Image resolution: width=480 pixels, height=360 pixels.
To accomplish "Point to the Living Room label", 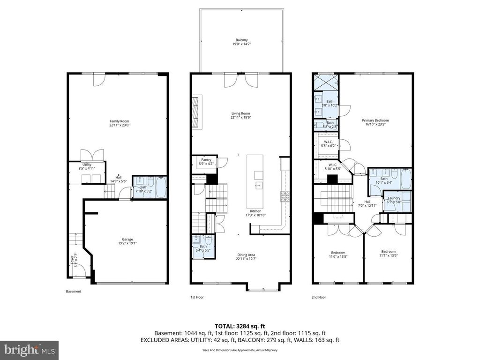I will [x=240, y=115].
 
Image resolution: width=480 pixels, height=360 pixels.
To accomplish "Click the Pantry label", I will [x=206, y=161].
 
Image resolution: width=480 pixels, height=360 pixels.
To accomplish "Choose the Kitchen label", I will [x=255, y=213].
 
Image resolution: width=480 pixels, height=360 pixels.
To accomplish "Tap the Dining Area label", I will [x=246, y=257].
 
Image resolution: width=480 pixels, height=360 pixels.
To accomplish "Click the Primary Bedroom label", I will [x=375, y=122].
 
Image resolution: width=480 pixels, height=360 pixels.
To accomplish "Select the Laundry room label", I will [x=394, y=200].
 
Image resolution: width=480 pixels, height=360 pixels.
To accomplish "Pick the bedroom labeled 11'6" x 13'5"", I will [x=338, y=254].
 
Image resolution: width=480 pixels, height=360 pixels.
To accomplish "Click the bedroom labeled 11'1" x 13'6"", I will [x=388, y=253].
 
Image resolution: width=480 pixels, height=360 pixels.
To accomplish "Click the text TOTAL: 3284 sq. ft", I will [x=240, y=326].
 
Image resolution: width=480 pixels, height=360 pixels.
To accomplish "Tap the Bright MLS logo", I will [x=29, y=350].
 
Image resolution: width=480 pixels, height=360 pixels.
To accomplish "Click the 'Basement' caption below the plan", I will [x=74, y=292].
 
